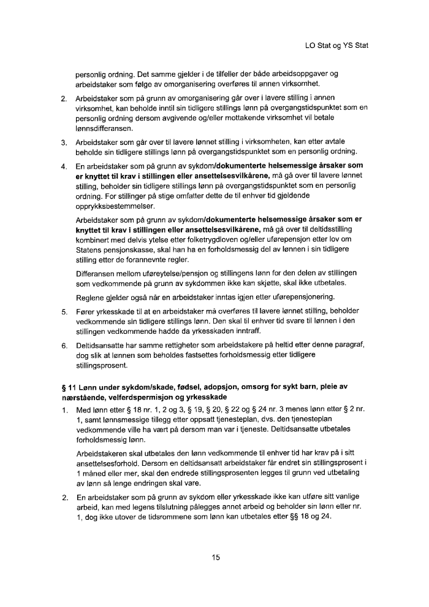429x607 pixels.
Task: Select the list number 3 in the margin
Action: pyautogui.click(x=64, y=143)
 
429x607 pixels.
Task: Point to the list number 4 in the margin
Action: pyautogui.click(x=64, y=166)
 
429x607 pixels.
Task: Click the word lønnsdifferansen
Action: pyautogui.click(x=101, y=130)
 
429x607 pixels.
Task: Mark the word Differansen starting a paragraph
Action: pyautogui.click(x=97, y=272)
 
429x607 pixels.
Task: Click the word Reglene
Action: pyautogui.click(x=90, y=297)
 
